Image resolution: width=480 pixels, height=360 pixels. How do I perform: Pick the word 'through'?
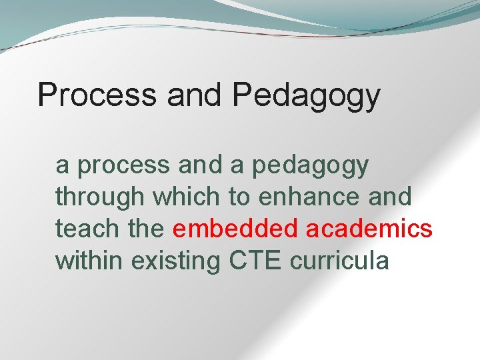pyautogui.click(x=100, y=197)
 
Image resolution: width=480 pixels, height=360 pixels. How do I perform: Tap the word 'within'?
pyautogui.click(x=89, y=260)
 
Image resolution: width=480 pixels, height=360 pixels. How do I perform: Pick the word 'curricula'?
pyautogui.click(x=339, y=260)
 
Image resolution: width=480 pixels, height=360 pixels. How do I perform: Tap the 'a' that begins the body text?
pyautogui.click(x=61, y=166)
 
